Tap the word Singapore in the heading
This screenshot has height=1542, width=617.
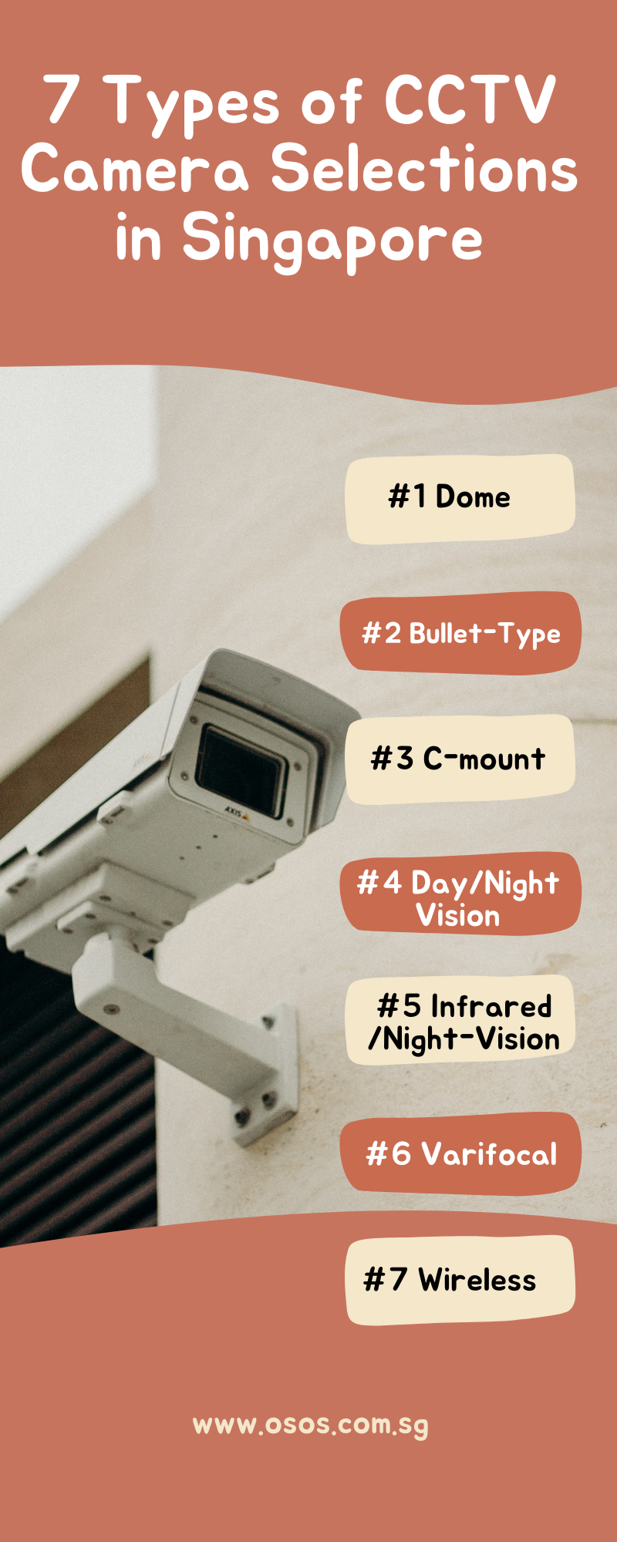pos(332,239)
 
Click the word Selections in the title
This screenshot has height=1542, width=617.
pos(423,170)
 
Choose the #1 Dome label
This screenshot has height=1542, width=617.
pos(460,498)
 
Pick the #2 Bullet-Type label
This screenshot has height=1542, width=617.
pos(460,633)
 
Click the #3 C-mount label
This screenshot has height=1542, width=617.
pos(460,759)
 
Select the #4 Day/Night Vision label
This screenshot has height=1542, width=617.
pos(460,894)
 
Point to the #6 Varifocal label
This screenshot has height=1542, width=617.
pos(460,1154)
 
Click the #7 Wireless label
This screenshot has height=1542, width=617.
pos(460,1280)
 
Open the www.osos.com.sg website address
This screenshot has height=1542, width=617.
pos(310,1425)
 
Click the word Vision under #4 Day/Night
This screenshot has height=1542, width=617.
pos(458,916)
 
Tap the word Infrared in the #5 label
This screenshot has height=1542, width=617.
pos(491,1006)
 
